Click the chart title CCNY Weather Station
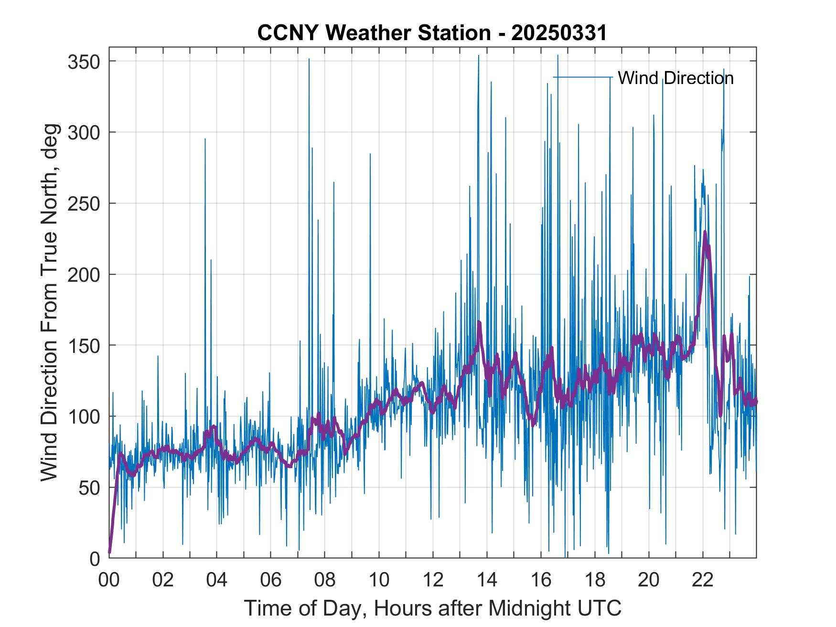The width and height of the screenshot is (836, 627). pyautogui.click(x=432, y=33)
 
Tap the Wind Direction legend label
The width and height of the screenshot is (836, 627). pyautogui.click(x=675, y=78)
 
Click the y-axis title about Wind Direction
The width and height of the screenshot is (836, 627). pyautogui.click(x=49, y=302)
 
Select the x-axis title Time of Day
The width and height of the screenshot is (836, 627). pyautogui.click(x=433, y=608)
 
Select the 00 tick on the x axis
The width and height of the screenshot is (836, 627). pyautogui.click(x=109, y=580)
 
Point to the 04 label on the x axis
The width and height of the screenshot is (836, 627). pyautogui.click(x=217, y=580)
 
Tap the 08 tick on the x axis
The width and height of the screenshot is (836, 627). pyautogui.click(x=325, y=580)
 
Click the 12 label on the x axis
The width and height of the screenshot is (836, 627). pyautogui.click(x=433, y=580)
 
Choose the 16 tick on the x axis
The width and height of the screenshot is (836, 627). pyautogui.click(x=541, y=580)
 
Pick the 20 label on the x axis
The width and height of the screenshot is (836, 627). pyautogui.click(x=649, y=580)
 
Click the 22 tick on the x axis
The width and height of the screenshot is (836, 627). pyautogui.click(x=703, y=580)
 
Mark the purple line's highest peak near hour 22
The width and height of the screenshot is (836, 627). pyautogui.click(x=705, y=232)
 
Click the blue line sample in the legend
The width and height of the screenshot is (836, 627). pyautogui.click(x=582, y=77)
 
